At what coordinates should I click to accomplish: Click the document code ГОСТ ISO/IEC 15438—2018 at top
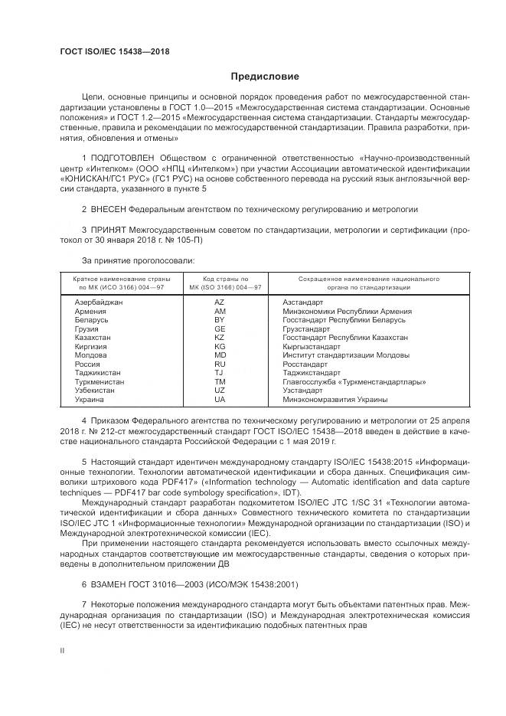114,51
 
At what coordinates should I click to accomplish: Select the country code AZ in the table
220,303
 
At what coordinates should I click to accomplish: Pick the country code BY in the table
220,320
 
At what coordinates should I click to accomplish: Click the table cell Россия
88,365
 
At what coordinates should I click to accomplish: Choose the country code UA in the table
220,400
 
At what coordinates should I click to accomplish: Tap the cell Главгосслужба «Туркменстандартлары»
354,382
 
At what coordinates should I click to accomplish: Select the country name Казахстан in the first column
93,338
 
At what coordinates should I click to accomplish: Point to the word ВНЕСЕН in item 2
107,208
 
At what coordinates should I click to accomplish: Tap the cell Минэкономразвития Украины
335,400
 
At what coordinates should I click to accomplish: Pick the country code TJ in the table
220,373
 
